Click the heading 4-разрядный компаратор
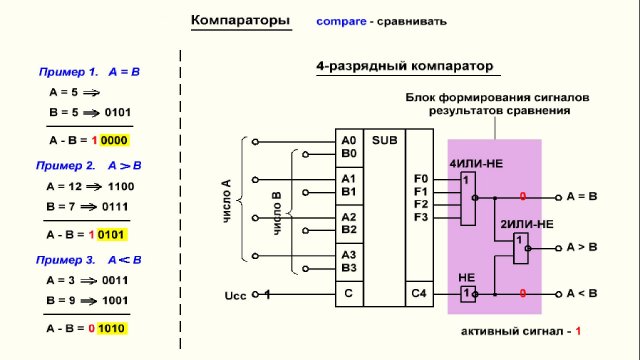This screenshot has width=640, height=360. pyautogui.click(x=405, y=68)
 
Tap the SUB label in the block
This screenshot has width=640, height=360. pyautogui.click(x=383, y=141)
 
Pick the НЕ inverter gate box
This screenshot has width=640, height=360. pyautogui.click(x=467, y=294)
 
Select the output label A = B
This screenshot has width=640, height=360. pyautogui.click(x=582, y=196)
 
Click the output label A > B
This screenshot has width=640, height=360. pyautogui.click(x=582, y=246)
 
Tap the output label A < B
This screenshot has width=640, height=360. pyautogui.click(x=582, y=294)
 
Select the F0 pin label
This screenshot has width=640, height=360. pyautogui.click(x=420, y=179)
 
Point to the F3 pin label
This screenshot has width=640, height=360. pyautogui.click(x=420, y=217)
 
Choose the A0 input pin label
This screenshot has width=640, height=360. pyautogui.click(x=348, y=141)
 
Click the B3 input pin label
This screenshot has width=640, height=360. pyautogui.click(x=348, y=267)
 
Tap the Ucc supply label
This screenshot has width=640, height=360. pyautogui.click(x=236, y=295)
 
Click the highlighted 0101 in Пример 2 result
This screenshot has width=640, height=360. pyautogui.click(x=114, y=234)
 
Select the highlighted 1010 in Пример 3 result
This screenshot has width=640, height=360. pyautogui.click(x=114, y=328)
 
